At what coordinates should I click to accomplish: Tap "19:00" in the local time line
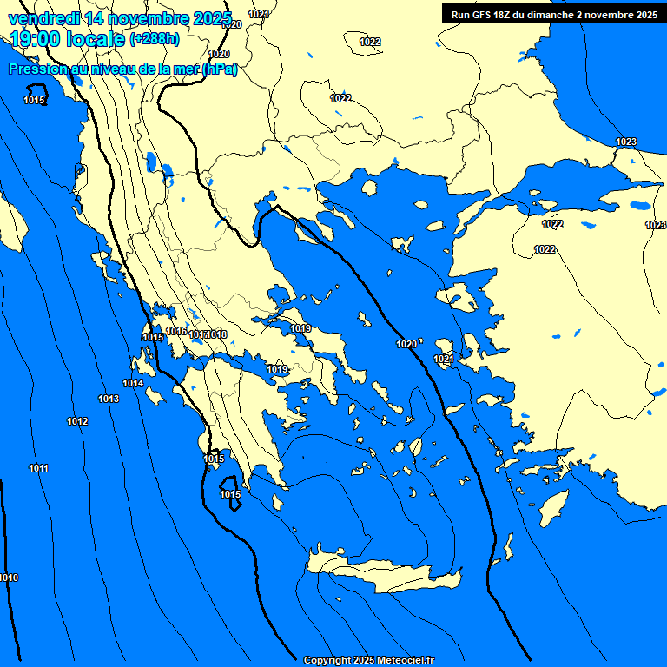click(x=36, y=38)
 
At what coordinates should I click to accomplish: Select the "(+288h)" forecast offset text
click(x=155, y=38)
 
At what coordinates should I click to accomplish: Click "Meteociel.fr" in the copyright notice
click(x=404, y=661)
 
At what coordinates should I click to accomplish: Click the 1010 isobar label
click(x=9, y=578)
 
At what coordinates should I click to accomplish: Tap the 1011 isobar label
click(x=38, y=469)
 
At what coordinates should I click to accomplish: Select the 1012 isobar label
click(x=77, y=422)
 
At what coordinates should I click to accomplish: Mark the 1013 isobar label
click(x=109, y=399)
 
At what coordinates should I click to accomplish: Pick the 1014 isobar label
click(x=133, y=383)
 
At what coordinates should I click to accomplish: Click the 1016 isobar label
click(x=177, y=331)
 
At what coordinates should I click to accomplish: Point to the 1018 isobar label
click(x=218, y=334)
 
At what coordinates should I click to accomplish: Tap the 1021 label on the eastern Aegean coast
click(x=443, y=359)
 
